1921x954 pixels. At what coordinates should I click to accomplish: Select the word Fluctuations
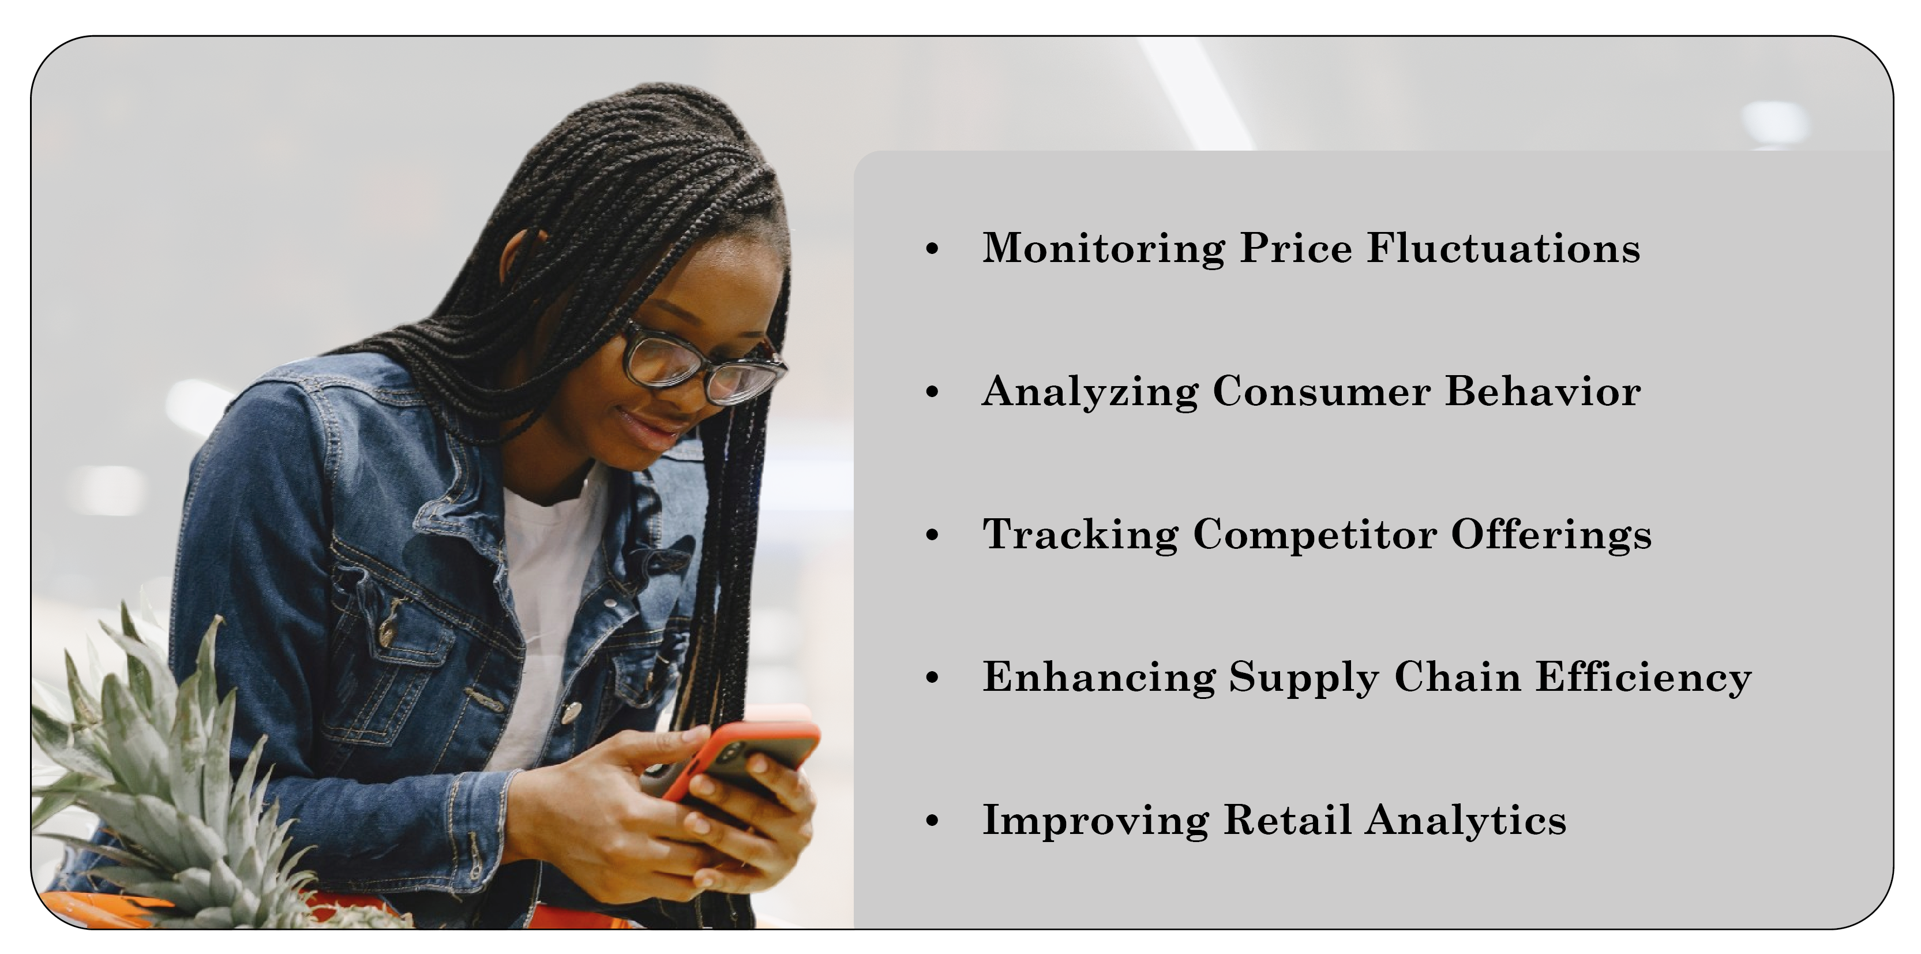click(x=1503, y=248)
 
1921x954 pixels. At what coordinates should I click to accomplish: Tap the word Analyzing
click(x=1090, y=392)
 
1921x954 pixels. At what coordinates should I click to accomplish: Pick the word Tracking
click(x=1080, y=536)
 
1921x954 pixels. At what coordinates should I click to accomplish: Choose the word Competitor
click(x=1315, y=535)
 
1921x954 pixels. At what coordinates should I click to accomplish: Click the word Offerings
click(x=1551, y=535)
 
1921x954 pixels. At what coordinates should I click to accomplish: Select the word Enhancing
click(x=1098, y=678)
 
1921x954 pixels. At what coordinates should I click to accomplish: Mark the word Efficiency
click(x=1644, y=678)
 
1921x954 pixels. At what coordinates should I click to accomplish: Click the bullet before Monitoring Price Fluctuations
click(x=932, y=249)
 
